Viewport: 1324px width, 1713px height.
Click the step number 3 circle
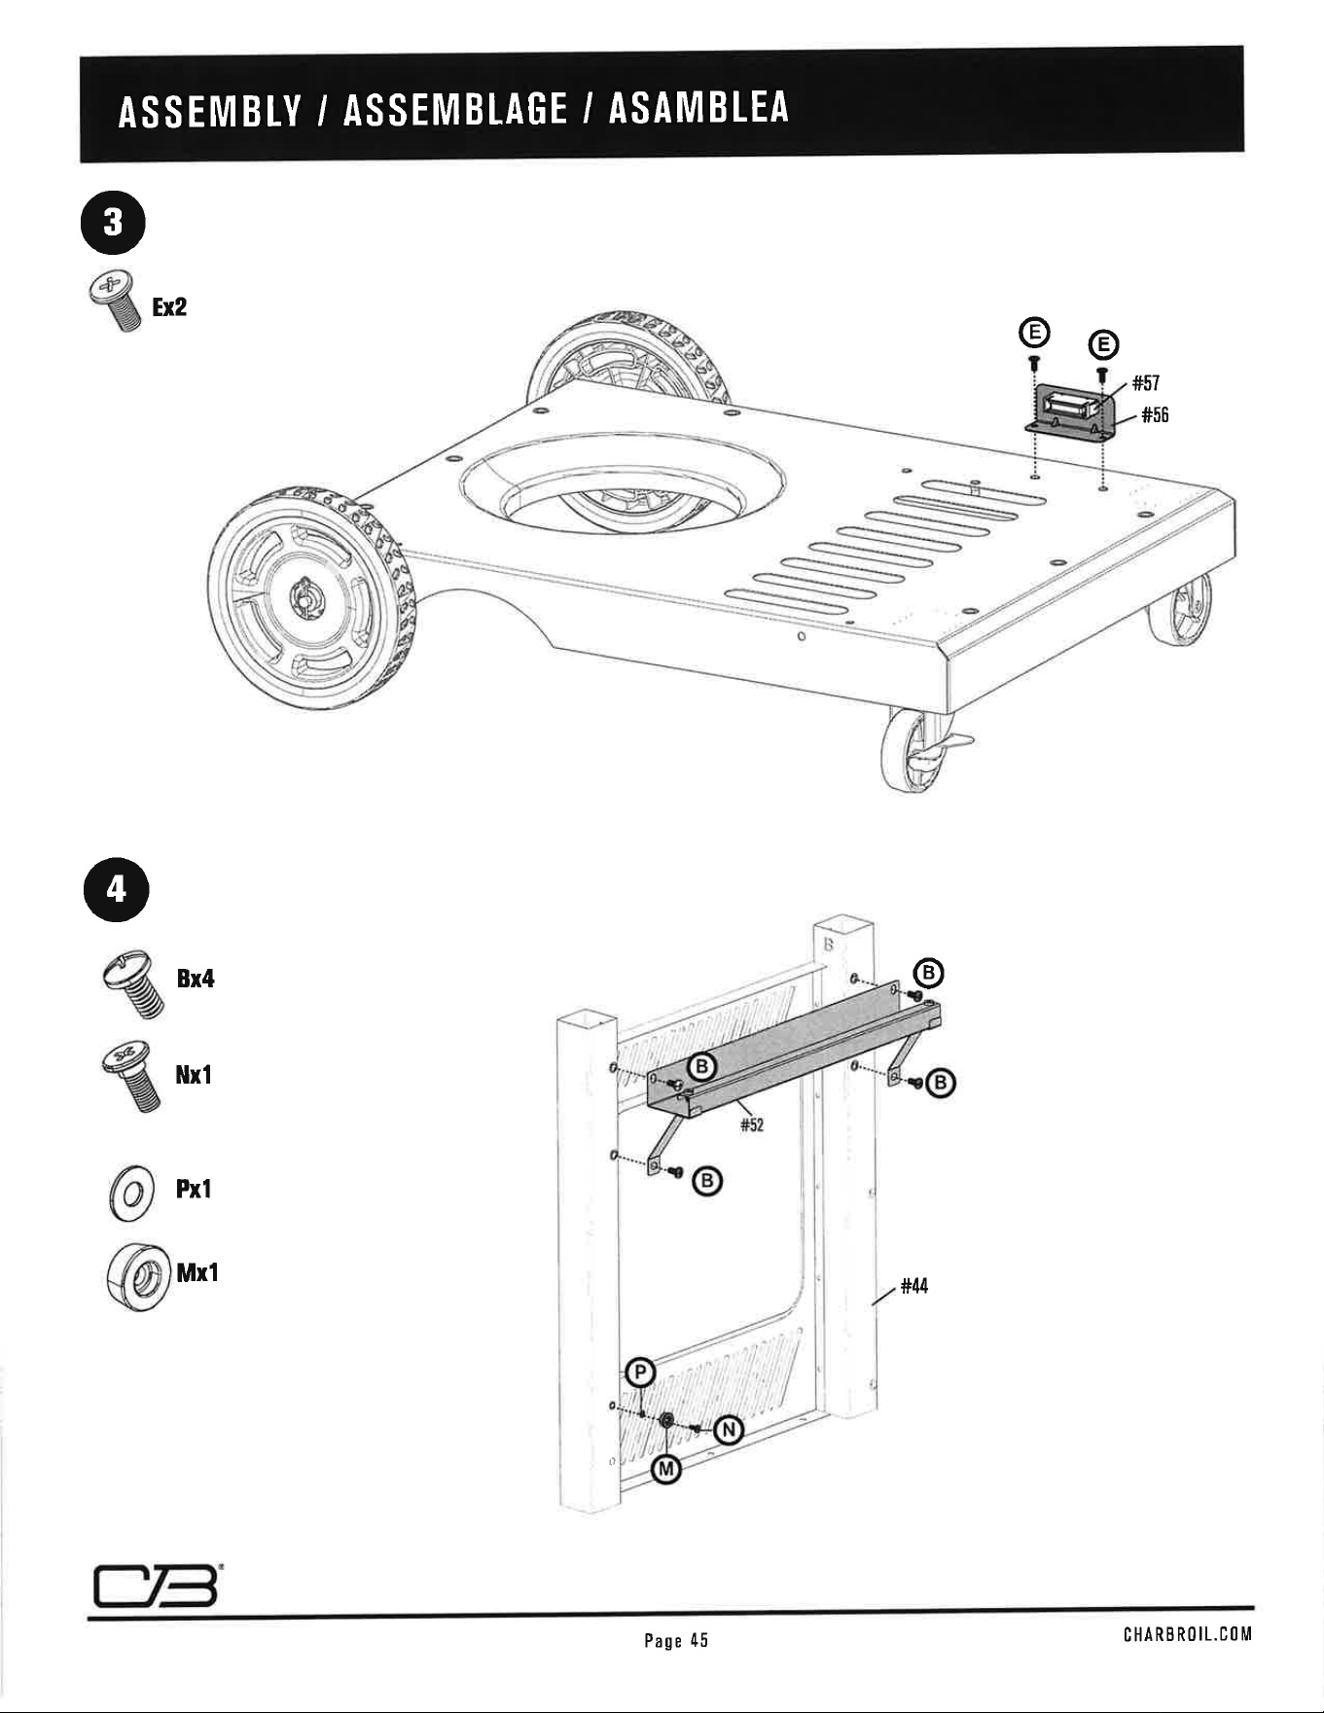(114, 223)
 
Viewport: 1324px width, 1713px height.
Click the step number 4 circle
(116, 889)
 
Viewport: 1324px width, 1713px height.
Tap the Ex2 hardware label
(169, 307)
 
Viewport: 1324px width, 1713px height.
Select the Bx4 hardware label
(195, 979)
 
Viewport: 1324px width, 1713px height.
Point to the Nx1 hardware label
(194, 1075)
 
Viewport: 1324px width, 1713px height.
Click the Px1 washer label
(194, 1189)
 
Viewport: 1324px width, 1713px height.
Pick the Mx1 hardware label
(197, 1272)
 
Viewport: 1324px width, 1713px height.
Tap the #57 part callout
(1146, 382)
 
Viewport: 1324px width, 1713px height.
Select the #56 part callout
(1155, 415)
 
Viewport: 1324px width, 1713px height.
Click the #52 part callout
(752, 1125)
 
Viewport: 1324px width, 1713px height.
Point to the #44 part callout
(914, 1286)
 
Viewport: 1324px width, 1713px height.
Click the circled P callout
(639, 1373)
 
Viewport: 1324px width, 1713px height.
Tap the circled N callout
(729, 1429)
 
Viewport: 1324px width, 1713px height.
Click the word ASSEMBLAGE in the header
(455, 107)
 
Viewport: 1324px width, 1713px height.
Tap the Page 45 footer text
(676, 1640)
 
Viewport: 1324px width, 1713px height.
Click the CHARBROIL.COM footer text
(1187, 1634)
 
